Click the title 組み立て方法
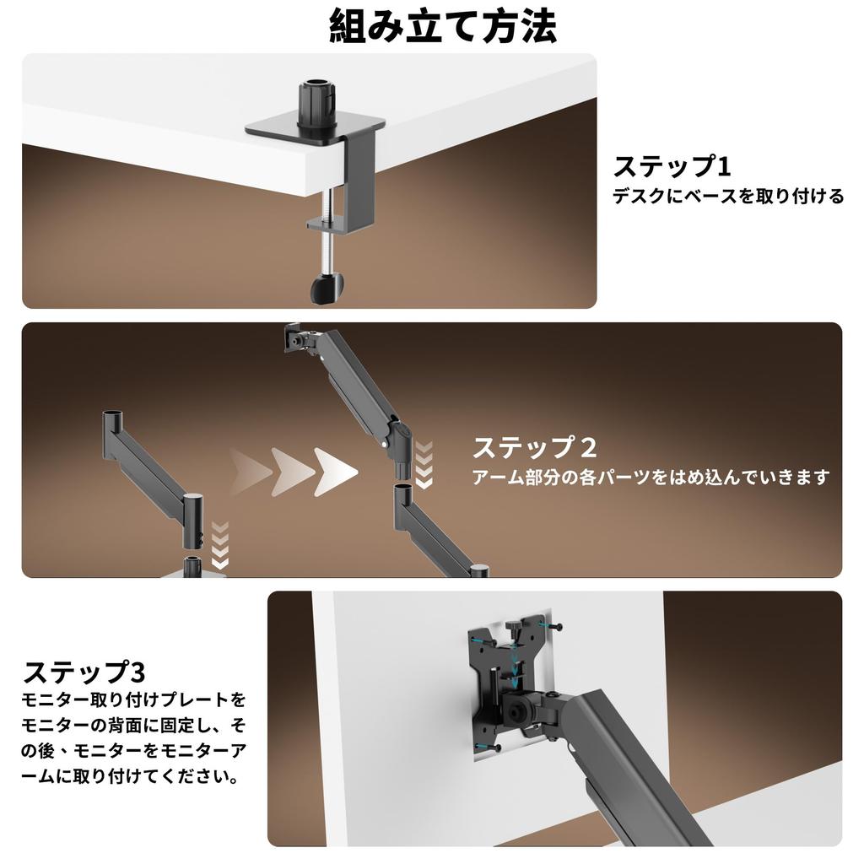pyautogui.click(x=442, y=26)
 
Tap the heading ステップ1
pyautogui.click(x=672, y=166)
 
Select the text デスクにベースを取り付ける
pyautogui.click(x=728, y=196)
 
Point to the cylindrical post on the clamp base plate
pyautogui.click(x=316, y=105)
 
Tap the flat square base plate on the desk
pyautogui.click(x=316, y=130)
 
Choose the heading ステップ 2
pyautogui.click(x=534, y=447)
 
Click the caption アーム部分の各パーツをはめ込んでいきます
pyautogui.click(x=651, y=477)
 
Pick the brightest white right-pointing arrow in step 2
pyautogui.click(x=336, y=472)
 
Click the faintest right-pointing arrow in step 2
pyautogui.click(x=250, y=472)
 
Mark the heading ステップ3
pyautogui.click(x=84, y=672)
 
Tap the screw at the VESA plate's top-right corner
pyautogui.click(x=552, y=627)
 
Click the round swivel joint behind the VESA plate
pyautogui.click(x=516, y=710)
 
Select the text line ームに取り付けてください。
pyautogui.click(x=130, y=776)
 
